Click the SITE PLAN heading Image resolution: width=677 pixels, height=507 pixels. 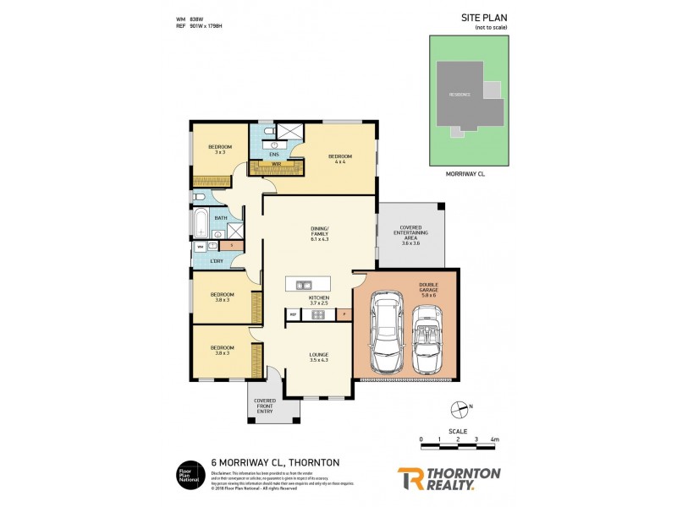(x=483, y=16)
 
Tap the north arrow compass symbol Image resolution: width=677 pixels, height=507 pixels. (x=461, y=411)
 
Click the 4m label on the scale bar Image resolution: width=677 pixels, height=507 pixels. (x=494, y=439)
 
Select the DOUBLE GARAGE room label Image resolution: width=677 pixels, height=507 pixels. (x=428, y=290)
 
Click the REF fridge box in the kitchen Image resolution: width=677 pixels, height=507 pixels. (x=294, y=314)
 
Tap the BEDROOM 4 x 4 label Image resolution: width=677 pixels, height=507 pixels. (x=340, y=159)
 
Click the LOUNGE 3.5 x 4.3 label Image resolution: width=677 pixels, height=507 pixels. (x=318, y=357)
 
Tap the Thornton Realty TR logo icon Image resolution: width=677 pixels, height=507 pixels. (x=410, y=479)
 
